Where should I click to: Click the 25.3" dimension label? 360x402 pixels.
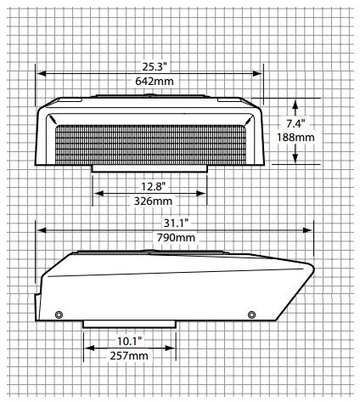point(149,65)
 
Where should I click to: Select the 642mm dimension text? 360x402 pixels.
point(149,82)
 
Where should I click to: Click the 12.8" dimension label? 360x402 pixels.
point(149,185)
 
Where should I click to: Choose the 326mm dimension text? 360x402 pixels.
point(149,201)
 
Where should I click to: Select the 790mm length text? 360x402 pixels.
point(174,237)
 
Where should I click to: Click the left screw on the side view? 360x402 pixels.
point(58,315)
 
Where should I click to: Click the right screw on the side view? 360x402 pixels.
point(250,315)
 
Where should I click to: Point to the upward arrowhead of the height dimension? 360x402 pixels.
point(294,105)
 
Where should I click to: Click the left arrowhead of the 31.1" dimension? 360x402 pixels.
point(38,229)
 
